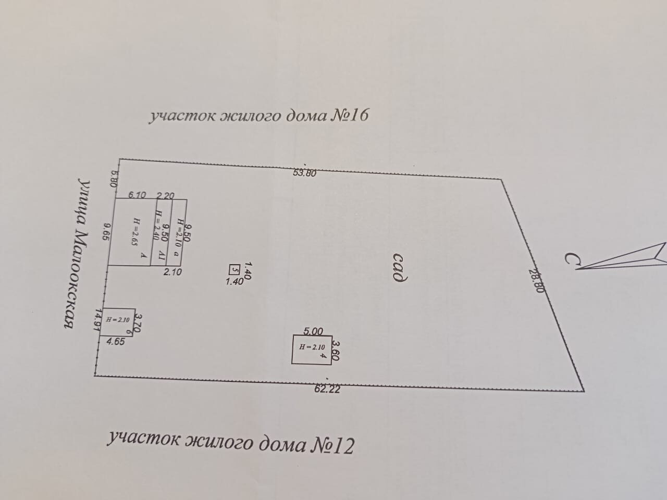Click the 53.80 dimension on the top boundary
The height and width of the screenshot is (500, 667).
[304, 174]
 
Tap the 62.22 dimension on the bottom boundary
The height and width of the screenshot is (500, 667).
[327, 389]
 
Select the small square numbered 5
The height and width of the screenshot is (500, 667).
[234, 269]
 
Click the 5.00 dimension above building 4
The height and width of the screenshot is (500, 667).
[313, 331]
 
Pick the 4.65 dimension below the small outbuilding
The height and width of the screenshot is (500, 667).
[115, 342]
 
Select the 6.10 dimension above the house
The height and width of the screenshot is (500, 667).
[137, 195]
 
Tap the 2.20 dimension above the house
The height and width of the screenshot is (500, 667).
[165, 196]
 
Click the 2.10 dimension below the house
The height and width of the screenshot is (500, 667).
[172, 271]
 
